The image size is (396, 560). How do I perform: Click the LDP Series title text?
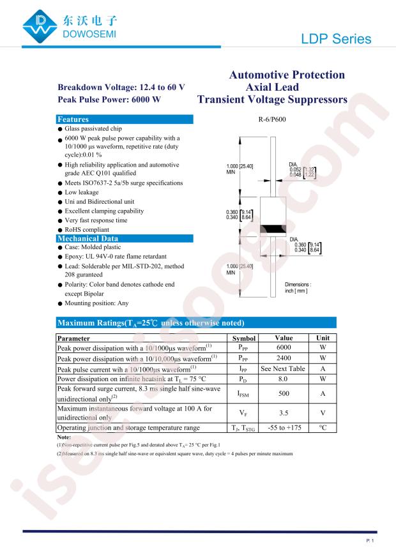(335, 39)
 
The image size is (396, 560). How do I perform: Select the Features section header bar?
(125, 119)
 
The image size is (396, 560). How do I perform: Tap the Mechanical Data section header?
(125, 238)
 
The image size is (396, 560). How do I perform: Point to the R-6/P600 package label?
(272, 119)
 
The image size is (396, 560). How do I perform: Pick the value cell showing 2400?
(283, 359)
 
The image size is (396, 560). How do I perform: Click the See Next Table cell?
(283, 369)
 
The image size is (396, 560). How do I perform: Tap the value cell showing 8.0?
(283, 379)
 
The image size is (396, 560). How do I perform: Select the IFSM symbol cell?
(243, 395)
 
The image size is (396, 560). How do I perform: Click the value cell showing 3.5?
(283, 413)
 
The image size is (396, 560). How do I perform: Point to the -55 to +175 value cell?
(283, 428)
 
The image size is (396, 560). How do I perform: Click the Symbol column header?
(243, 338)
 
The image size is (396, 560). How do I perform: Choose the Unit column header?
(323, 338)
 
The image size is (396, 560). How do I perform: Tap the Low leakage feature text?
(82, 192)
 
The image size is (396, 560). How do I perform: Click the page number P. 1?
(370, 541)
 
